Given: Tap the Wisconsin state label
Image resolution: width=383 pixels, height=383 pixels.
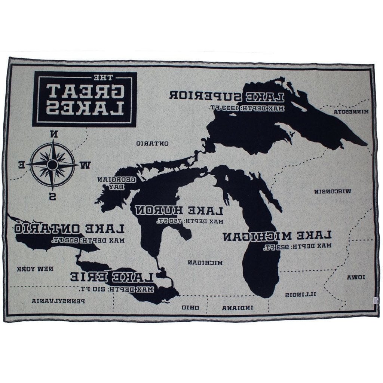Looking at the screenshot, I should [333, 191].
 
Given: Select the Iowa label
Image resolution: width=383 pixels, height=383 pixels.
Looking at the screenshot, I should [354, 277].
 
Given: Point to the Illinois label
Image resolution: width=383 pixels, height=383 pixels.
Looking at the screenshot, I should [299, 294].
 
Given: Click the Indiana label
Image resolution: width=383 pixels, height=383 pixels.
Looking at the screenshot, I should [238, 308].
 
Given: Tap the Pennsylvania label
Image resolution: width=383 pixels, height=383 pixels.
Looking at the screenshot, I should [59, 300].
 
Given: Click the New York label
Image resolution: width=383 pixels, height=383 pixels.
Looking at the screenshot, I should [35, 269].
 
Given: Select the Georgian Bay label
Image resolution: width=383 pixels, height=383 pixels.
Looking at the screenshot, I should [116, 183].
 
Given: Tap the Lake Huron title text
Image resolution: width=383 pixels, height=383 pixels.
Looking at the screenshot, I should [180, 210].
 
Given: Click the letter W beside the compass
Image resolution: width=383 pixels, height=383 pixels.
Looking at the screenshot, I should [86, 164].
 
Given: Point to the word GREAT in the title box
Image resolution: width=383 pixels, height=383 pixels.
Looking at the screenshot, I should [85, 89].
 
